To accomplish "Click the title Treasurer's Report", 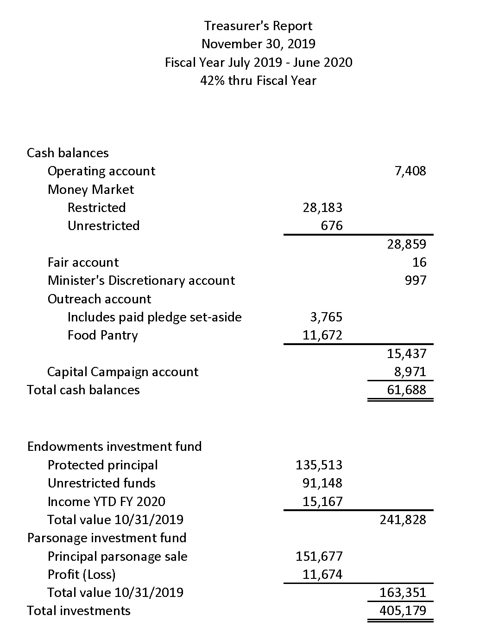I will pos(258,26).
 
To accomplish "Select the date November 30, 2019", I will pos(258,44).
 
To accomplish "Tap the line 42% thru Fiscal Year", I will pos(258,81).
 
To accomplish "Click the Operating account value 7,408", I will pos(410,171).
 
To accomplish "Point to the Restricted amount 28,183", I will pos(322,208).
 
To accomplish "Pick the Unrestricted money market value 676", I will pos(332,226).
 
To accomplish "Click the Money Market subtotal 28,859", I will pos(406,244).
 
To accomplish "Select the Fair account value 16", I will pos(419,263).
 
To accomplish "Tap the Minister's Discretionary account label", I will pos(141,281).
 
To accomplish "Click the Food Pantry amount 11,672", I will pos(322,335).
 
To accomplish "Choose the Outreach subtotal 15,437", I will pos(406,354).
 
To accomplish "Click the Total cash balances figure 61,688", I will pos(406,390).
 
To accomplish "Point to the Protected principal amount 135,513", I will pos(319,465).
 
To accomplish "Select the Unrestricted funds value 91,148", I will pos(322,483).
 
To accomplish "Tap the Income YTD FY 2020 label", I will pos(106,501).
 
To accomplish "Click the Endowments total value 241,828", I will pos(403,519).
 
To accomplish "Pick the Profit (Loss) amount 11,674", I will pos(322,575).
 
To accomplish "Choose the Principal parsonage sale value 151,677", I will pos(319,556).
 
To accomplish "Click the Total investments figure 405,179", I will pos(403,611).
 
